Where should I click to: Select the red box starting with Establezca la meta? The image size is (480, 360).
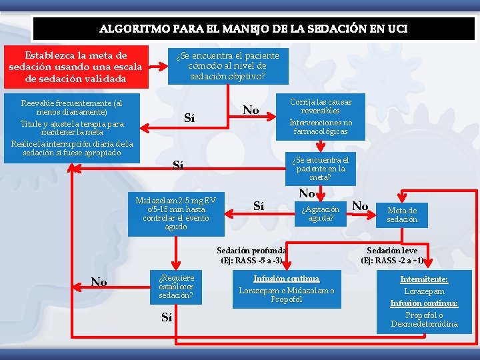[x=75, y=67]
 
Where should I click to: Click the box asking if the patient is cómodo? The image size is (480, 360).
[x=227, y=65]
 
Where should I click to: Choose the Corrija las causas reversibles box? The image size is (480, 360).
[x=320, y=117]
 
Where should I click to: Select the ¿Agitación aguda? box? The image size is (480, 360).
[x=320, y=214]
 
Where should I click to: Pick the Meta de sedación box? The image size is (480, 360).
[x=402, y=215]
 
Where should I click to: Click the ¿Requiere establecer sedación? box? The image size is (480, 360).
[x=177, y=287]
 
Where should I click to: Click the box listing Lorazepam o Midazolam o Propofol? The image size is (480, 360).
[x=287, y=289]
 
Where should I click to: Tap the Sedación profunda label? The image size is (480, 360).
[x=251, y=251]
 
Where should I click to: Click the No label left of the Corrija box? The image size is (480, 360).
[x=251, y=109]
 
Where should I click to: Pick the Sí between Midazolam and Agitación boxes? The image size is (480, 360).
[x=260, y=207]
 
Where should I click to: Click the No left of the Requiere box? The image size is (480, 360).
[x=99, y=282]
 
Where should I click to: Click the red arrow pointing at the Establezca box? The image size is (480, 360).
[x=158, y=66]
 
